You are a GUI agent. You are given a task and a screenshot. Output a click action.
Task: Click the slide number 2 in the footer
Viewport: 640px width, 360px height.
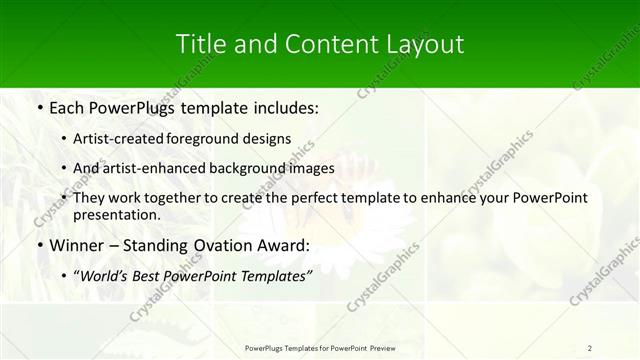pos(590,348)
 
